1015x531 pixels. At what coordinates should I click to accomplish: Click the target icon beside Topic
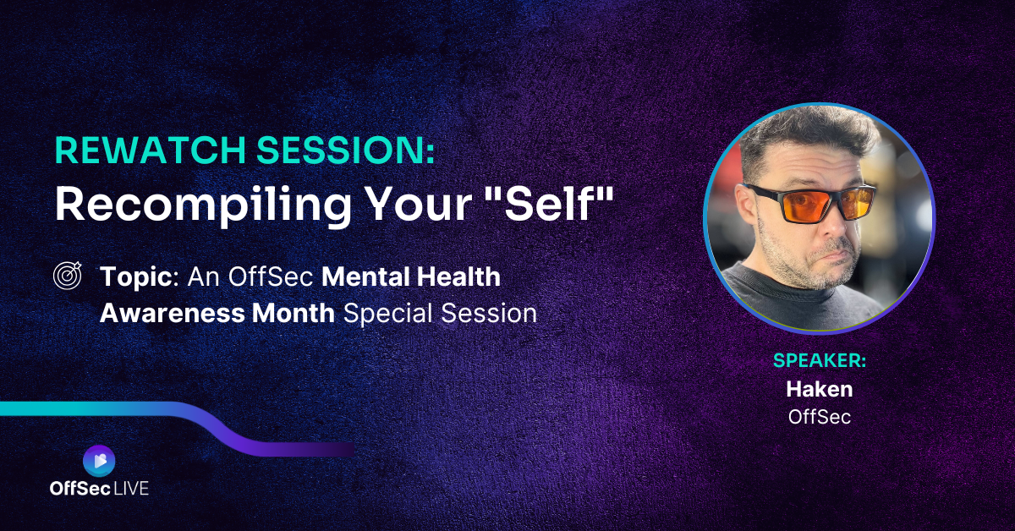click(68, 275)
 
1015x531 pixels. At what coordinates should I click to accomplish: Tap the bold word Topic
click(135, 277)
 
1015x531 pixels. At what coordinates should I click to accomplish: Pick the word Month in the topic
click(294, 313)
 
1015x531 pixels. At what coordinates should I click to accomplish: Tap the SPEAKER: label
click(820, 361)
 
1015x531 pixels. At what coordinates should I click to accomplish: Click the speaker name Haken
click(820, 389)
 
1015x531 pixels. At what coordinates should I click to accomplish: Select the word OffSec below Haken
click(820, 417)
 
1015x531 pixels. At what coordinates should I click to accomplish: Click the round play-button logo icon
click(99, 461)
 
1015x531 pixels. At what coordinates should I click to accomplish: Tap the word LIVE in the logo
click(130, 489)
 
